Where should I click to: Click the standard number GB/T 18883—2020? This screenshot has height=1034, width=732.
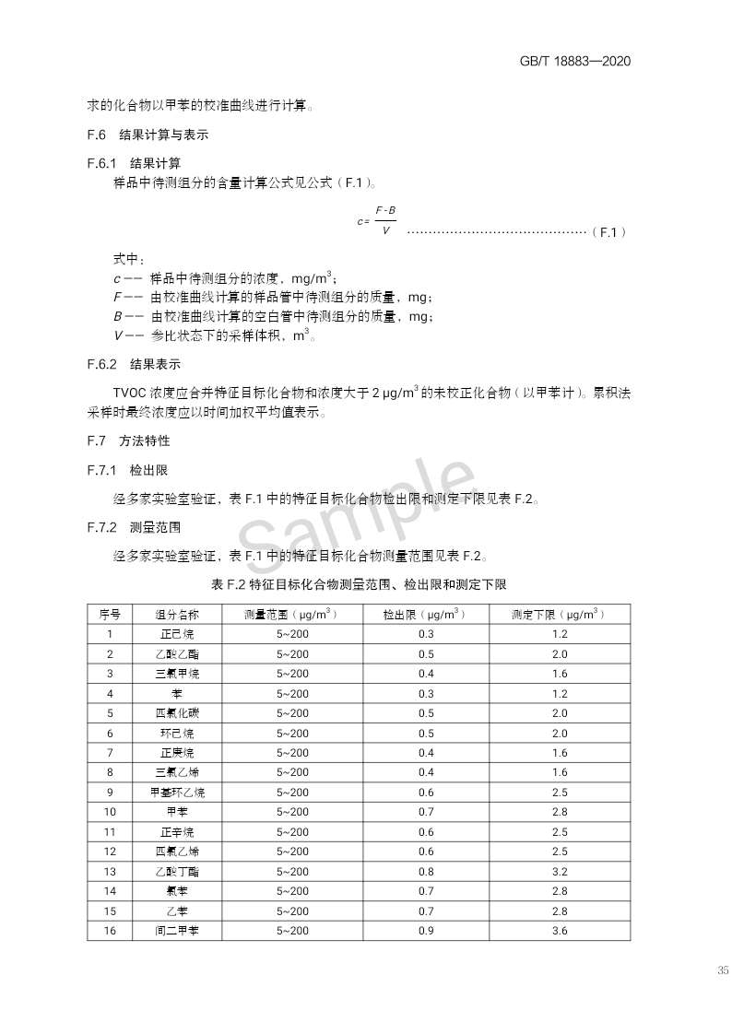point(575,62)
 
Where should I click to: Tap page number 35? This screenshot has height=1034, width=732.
point(722,969)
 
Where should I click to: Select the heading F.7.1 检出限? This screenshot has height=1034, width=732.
point(127,470)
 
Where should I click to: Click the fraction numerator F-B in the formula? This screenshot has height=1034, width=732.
point(385,211)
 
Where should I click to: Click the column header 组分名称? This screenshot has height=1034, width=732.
point(176,614)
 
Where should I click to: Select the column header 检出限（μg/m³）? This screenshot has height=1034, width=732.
point(425,614)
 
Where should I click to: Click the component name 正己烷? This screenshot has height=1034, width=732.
point(176,634)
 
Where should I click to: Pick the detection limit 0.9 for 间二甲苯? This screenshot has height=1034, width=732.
point(425,931)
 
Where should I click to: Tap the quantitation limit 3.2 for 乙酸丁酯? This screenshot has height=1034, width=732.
point(560,872)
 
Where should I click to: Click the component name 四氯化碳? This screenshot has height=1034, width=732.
point(176,713)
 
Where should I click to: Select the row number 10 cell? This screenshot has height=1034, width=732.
point(110,812)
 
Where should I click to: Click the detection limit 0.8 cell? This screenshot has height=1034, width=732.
point(425,872)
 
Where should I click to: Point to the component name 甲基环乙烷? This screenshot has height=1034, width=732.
point(176,793)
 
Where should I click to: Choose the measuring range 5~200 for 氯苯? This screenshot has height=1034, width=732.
point(292,891)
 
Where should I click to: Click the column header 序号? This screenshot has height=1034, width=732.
point(110,614)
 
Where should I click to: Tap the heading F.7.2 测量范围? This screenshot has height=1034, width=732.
point(134,527)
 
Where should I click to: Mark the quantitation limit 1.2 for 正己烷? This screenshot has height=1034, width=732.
point(560,634)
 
